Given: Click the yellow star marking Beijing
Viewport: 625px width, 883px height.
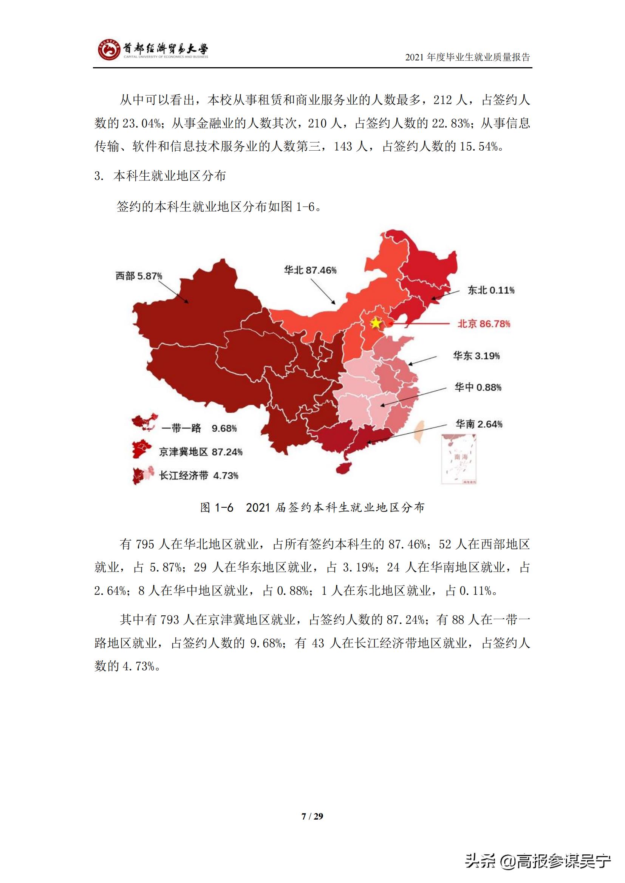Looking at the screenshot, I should tap(376, 323).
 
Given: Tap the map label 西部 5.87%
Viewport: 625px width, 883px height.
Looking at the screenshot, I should tap(139, 276).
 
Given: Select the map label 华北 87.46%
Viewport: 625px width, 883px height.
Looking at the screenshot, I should tap(310, 270).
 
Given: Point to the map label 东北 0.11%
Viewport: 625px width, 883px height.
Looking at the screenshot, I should tap(491, 290).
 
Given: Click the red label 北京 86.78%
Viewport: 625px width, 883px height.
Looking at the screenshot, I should tap(484, 324).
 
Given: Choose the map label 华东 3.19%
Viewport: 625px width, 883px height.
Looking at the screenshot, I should tap(476, 356).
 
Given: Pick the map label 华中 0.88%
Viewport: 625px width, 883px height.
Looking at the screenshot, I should tap(478, 387).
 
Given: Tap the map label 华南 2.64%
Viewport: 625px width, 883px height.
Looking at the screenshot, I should tap(479, 424).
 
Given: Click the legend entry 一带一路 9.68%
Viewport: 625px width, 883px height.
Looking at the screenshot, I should tap(199, 428).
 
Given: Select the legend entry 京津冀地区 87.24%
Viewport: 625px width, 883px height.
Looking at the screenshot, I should tap(201, 452).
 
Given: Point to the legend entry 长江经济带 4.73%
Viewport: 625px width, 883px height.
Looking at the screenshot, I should tap(199, 475).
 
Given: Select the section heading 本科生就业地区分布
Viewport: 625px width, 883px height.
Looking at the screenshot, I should tap(169, 176).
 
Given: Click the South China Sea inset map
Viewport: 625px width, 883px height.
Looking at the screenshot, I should tap(459, 458).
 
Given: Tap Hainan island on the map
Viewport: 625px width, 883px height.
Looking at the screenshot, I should tap(345, 468).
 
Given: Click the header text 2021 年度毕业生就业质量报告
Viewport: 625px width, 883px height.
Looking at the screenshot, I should tap(467, 57).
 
